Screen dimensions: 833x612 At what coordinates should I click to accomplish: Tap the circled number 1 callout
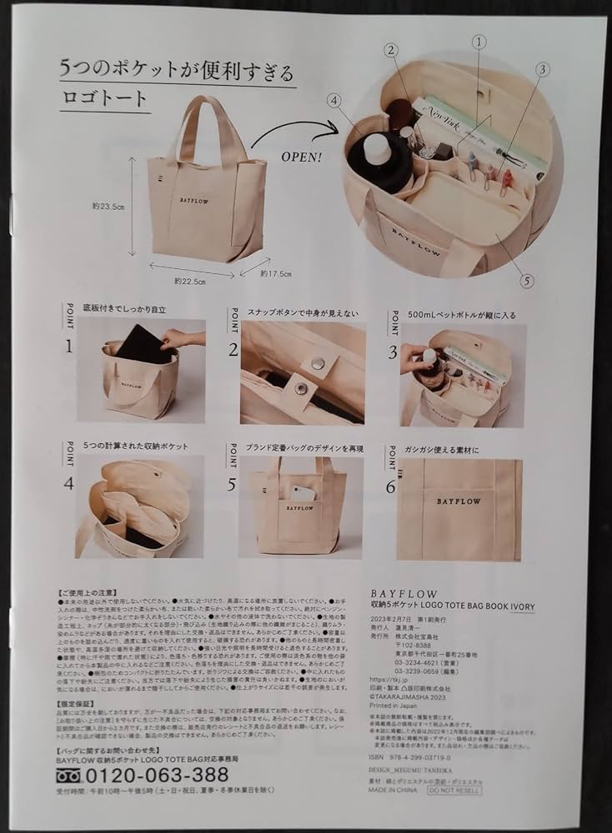coord(479,41)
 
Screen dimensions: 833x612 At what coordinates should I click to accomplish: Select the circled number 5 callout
coord(526,281)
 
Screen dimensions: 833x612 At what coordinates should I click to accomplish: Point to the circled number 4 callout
coord(334,102)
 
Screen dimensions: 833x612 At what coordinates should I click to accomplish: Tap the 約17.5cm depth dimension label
coord(277,272)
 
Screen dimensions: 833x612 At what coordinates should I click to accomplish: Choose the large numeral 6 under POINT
coord(391,486)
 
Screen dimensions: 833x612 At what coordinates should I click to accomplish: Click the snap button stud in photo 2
coord(318,362)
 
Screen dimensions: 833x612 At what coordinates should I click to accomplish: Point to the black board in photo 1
coord(142,344)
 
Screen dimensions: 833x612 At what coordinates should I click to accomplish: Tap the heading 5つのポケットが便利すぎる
coord(177,69)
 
